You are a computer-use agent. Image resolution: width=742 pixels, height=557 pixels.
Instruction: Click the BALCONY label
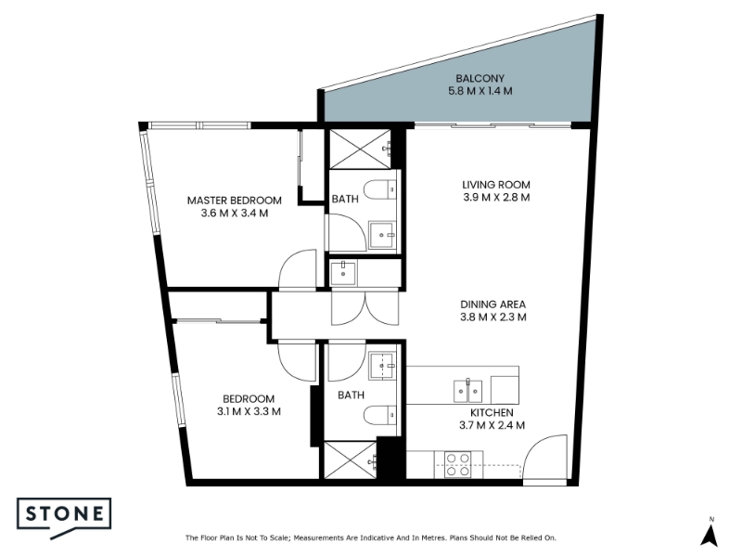480,79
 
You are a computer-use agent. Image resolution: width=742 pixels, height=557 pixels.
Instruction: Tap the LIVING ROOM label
496,185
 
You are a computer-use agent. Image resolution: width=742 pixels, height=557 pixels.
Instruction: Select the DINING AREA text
493,304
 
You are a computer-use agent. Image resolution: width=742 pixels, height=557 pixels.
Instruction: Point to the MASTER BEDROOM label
235,201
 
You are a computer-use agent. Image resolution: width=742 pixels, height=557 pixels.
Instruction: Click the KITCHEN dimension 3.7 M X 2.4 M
493,425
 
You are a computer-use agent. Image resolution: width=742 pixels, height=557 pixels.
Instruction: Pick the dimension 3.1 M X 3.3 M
249,411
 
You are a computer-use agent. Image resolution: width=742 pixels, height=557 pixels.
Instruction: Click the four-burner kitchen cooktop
458,465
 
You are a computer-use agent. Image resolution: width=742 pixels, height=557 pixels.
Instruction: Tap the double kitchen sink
468,391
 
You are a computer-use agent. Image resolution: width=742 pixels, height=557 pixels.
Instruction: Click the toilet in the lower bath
380,415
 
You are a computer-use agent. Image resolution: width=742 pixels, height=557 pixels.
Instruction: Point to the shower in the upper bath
360,149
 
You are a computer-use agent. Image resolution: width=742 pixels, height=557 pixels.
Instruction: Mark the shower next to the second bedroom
351,460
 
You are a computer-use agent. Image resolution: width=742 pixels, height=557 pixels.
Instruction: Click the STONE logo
64,517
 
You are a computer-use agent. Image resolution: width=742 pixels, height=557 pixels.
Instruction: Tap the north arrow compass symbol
710,533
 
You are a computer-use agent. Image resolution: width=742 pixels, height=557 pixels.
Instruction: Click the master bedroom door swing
298,269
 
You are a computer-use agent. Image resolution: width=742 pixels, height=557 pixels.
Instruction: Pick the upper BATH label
345,199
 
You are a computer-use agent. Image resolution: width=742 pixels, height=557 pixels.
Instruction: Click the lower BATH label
352,395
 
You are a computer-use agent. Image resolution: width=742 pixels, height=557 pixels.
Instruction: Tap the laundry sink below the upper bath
343,273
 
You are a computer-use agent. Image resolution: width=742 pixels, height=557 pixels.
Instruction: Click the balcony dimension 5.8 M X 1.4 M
480,91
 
